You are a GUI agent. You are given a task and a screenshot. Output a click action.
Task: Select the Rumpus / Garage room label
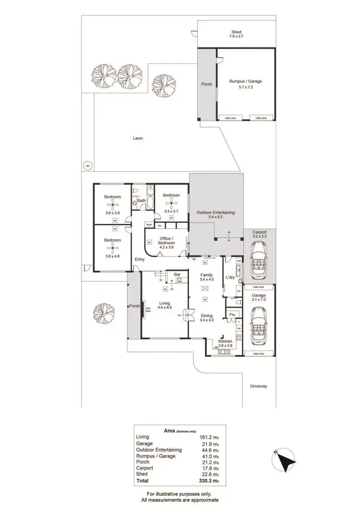point(245,85)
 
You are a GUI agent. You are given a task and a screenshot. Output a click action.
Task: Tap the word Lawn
point(138,138)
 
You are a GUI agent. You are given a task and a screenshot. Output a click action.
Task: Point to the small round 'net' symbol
point(87,166)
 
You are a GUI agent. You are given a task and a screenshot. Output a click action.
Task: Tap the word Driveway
point(258,386)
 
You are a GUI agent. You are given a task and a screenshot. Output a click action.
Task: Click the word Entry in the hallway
point(140,260)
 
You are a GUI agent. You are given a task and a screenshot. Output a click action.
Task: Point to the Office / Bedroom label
point(166,241)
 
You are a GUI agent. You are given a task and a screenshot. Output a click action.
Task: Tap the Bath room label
point(142,201)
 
